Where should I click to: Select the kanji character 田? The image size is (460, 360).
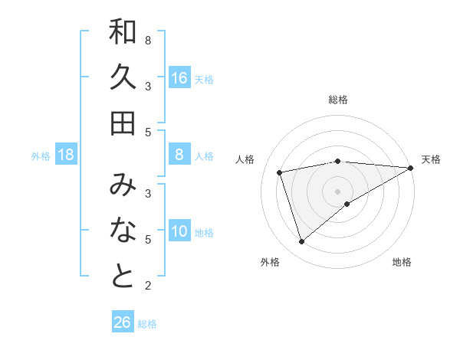123,122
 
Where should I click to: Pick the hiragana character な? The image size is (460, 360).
123,231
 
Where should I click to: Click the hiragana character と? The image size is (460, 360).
123,277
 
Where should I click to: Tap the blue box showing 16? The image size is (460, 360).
179,78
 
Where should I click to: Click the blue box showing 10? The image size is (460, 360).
179,232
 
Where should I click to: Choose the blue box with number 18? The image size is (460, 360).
66,155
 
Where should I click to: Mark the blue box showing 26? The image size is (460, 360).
123,322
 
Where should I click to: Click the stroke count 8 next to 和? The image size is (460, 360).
147,40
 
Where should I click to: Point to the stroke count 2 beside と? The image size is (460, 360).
147,286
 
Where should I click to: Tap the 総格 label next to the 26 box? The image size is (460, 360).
147,324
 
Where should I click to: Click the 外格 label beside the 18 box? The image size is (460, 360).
41,156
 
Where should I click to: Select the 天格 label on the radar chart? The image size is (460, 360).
431,159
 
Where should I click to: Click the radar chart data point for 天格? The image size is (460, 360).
411,169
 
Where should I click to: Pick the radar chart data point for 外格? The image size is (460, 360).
301,242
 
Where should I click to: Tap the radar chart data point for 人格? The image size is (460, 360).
281,172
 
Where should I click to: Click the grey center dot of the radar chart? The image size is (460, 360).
337,191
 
